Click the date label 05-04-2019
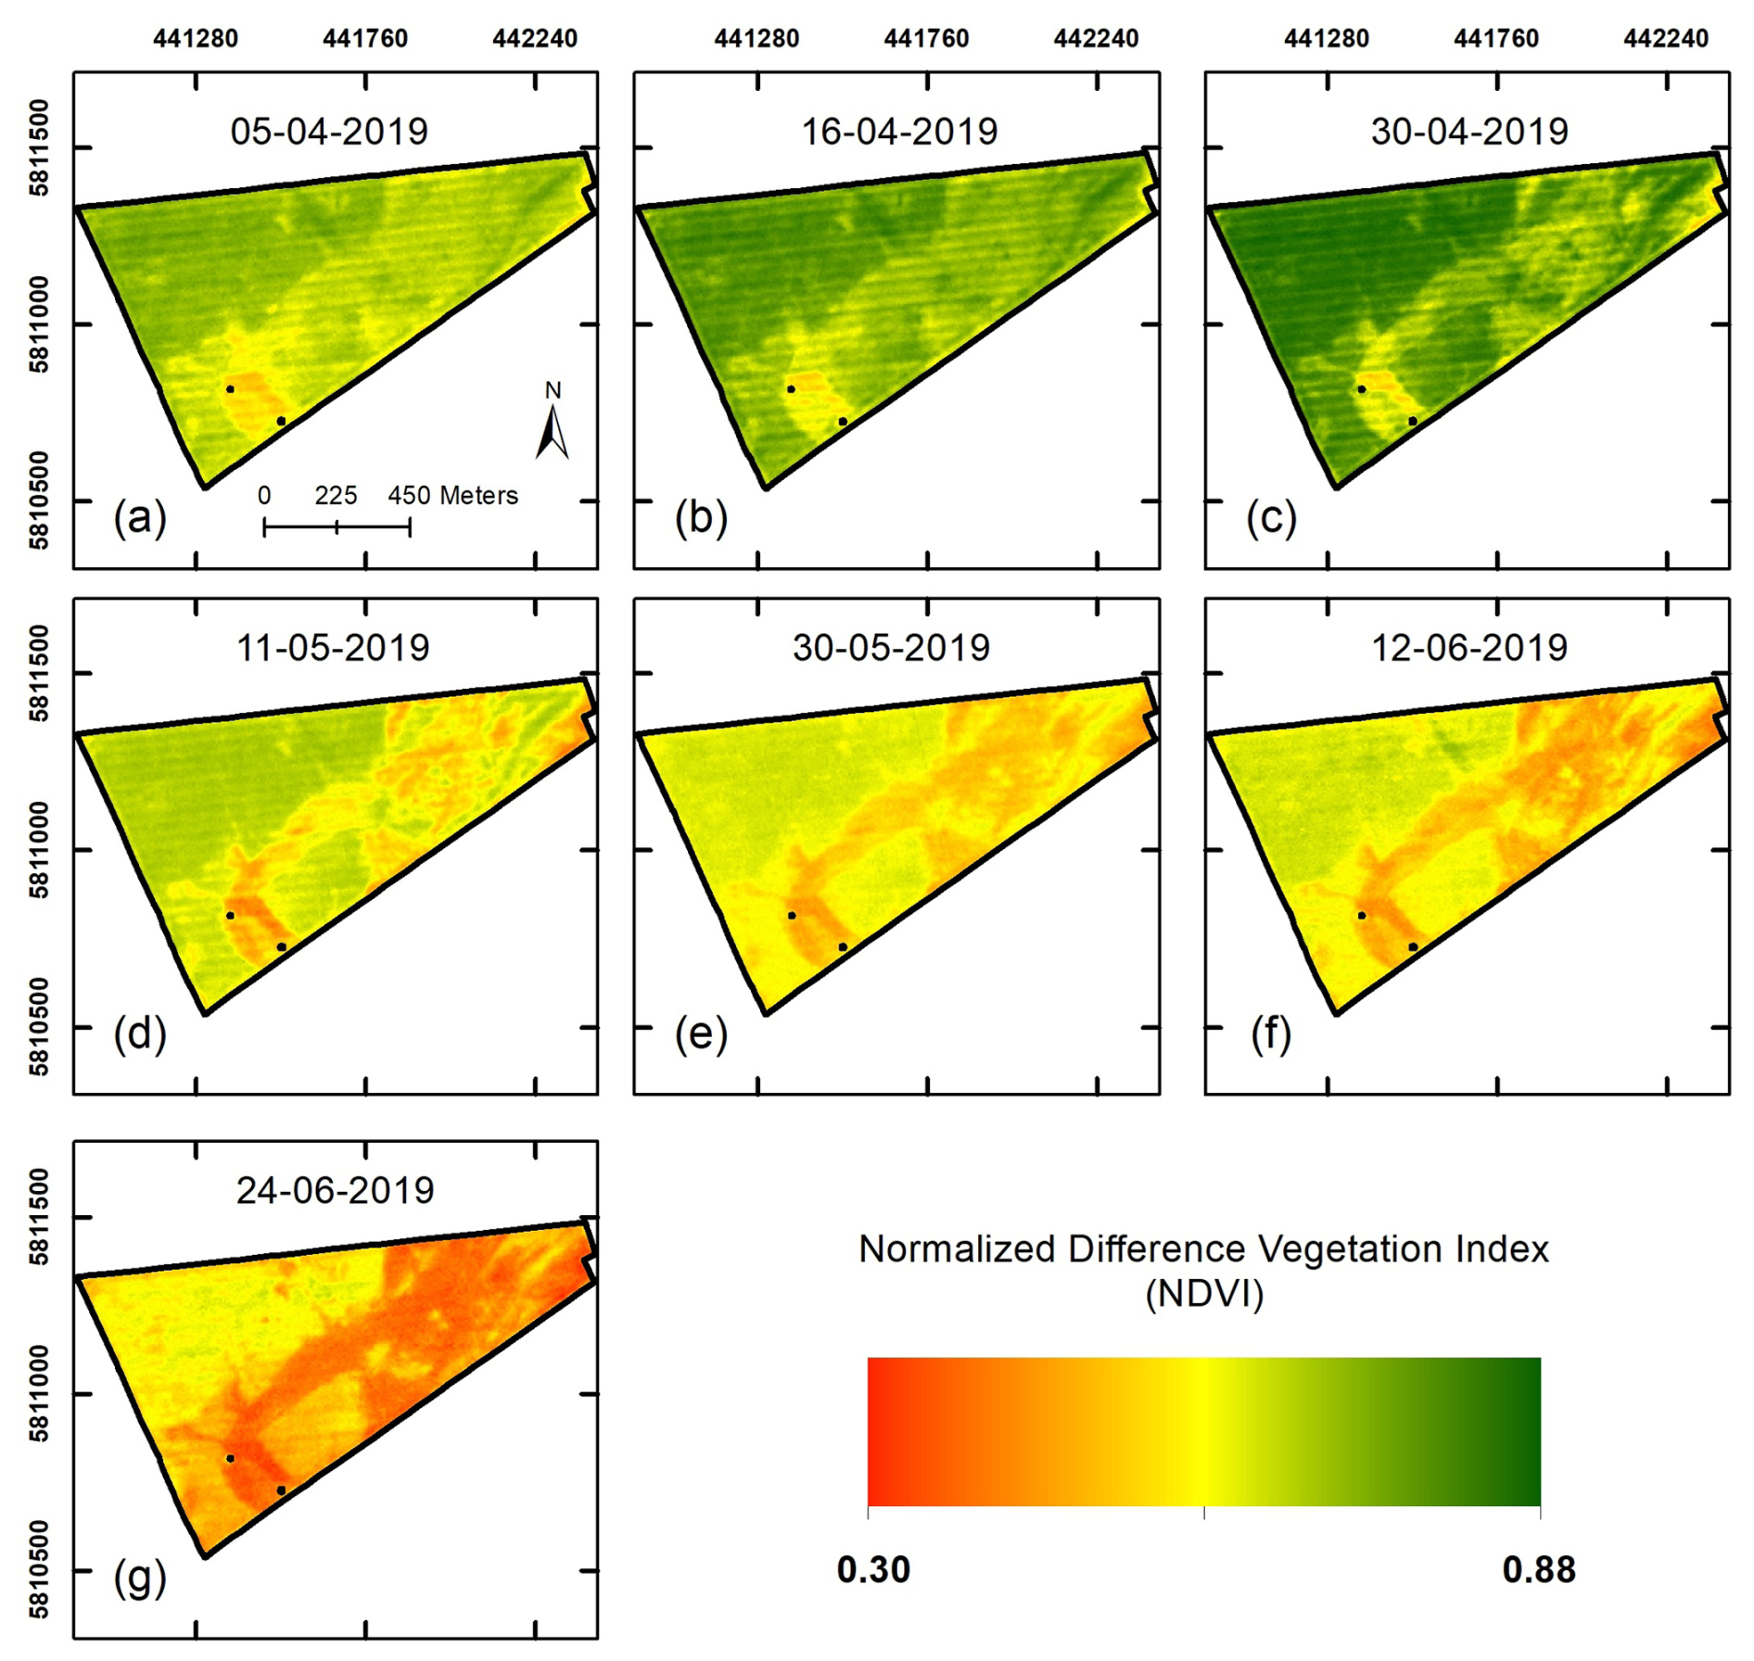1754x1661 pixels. coord(329,132)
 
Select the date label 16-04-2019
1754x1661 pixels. coord(899,132)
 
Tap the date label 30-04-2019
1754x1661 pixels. coord(1469,132)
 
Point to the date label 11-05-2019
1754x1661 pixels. coord(333,648)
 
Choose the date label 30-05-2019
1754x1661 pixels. coord(891,648)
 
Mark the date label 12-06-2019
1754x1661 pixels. coord(1469,648)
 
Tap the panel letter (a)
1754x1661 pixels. coord(140,517)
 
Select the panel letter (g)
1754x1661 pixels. coord(140,1578)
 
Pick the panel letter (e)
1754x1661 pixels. coord(701,1034)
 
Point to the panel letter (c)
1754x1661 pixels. coord(1271,517)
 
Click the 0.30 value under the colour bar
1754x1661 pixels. coord(873,1570)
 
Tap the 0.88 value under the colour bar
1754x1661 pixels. coord(1539,1570)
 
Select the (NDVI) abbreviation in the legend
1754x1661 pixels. coord(1204,1294)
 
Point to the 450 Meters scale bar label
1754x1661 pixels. coord(452,496)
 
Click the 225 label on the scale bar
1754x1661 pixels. coord(336,496)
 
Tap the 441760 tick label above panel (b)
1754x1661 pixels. coord(926,39)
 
